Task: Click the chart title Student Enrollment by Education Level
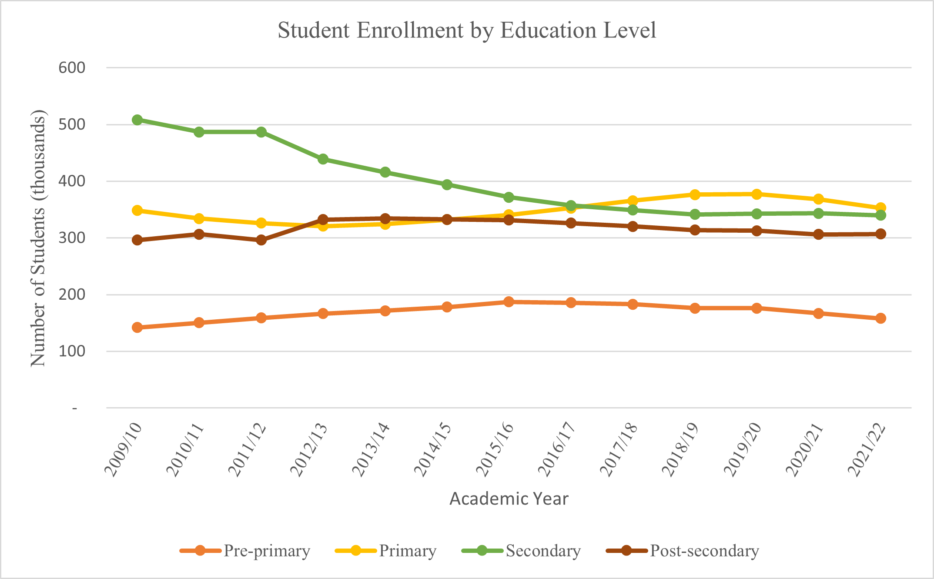pos(467,30)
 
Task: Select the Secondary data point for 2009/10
pos(137,120)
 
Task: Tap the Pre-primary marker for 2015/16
pos(509,302)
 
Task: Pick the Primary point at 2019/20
pos(757,194)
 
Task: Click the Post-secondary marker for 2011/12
pos(261,240)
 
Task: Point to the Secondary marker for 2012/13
pos(323,159)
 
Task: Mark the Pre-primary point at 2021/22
pos(880,318)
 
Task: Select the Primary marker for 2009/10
pos(137,211)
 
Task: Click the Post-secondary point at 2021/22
pos(880,234)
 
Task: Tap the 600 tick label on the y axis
pos(72,68)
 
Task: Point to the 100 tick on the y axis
pos(72,351)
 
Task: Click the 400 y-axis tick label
pos(72,181)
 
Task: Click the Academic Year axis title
pos(509,499)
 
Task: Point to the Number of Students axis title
pos(38,238)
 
